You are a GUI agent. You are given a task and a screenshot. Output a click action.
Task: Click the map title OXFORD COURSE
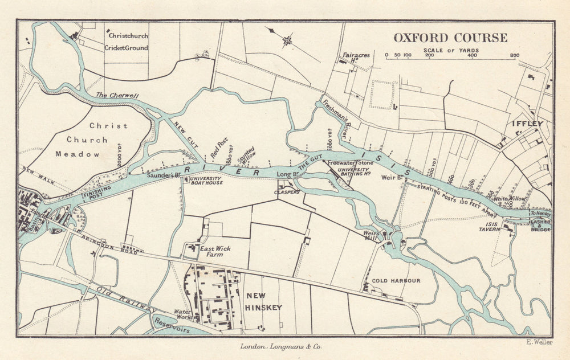tap(450, 38)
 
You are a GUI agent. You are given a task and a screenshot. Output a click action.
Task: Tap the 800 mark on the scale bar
tap(514, 56)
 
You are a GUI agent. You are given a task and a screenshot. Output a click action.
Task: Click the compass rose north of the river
tap(287, 40)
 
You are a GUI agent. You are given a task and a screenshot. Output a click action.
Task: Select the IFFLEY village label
tap(527, 124)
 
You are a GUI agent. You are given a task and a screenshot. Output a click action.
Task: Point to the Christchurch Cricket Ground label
tap(126, 42)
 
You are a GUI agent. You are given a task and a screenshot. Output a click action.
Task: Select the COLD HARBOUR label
tap(396, 281)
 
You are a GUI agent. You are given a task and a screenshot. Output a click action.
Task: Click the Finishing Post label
tap(96, 194)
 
